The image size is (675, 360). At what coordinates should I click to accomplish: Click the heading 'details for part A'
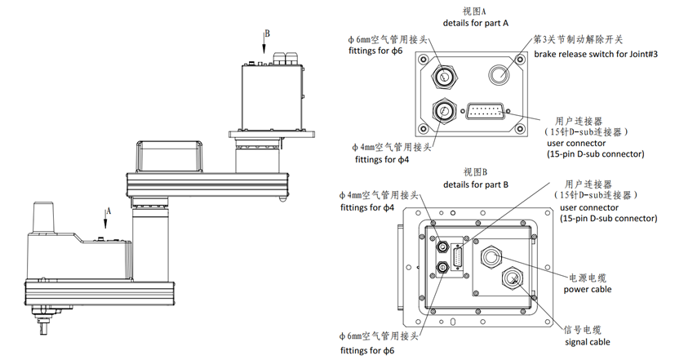click(475, 23)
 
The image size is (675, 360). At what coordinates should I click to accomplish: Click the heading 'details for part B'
click(475, 184)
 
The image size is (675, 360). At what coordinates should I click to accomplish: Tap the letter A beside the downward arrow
click(108, 210)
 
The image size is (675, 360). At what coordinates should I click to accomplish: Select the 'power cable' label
click(588, 289)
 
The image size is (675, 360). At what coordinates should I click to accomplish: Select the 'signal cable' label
click(587, 342)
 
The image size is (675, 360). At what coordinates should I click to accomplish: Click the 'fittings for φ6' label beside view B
click(366, 350)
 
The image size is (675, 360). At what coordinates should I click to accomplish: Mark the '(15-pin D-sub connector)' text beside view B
click(608, 218)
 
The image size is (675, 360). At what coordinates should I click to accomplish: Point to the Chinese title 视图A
click(474, 11)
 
